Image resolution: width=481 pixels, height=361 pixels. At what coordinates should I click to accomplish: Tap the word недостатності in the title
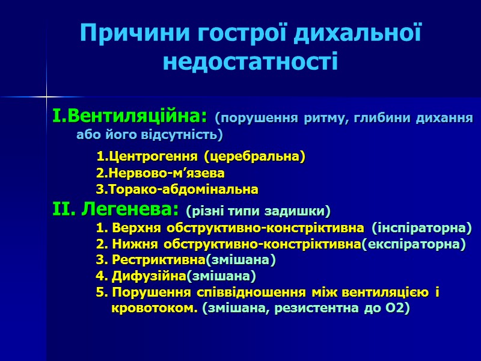(250, 61)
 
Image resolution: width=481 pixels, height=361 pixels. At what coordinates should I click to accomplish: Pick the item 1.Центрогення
(148, 157)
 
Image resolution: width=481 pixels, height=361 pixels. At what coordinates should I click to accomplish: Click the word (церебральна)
(254, 157)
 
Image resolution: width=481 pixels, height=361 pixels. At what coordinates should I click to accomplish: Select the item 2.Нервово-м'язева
(161, 173)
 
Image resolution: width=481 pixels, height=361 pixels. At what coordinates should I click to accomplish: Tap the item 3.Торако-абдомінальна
(177, 190)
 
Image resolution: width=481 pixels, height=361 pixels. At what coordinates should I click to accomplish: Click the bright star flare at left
(46, 96)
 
